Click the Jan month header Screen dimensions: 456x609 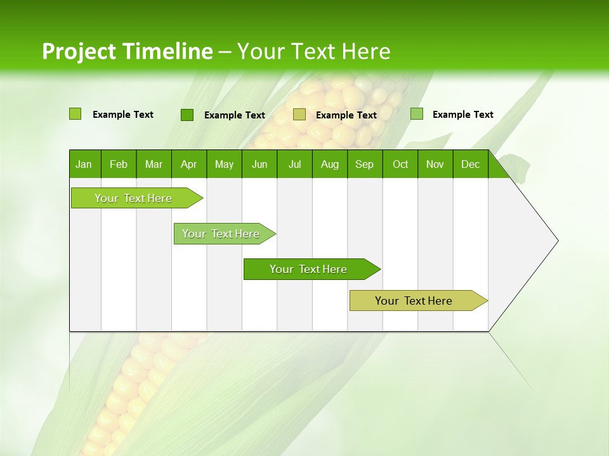[x=84, y=165]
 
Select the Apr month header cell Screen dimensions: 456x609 [x=188, y=165]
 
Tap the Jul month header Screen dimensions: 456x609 [x=294, y=165]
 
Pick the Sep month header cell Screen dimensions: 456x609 [x=364, y=165]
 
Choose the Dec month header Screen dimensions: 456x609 [x=470, y=165]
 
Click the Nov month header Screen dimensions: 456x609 [x=435, y=165]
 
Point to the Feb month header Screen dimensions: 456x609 [x=119, y=165]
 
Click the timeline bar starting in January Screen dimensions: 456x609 [x=133, y=198]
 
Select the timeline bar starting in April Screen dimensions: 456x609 [x=221, y=234]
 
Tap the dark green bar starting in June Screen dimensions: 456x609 [x=308, y=269]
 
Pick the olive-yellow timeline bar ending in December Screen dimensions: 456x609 [x=414, y=301]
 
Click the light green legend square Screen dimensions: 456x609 [x=75, y=114]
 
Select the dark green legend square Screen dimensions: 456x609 [x=187, y=115]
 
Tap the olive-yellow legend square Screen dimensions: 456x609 [x=299, y=115]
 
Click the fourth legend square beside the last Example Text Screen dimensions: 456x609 [x=416, y=114]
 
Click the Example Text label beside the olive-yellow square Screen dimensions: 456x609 [x=346, y=115]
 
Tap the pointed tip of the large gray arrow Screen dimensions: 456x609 [x=556, y=241]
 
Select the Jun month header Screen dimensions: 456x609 [x=259, y=165]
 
